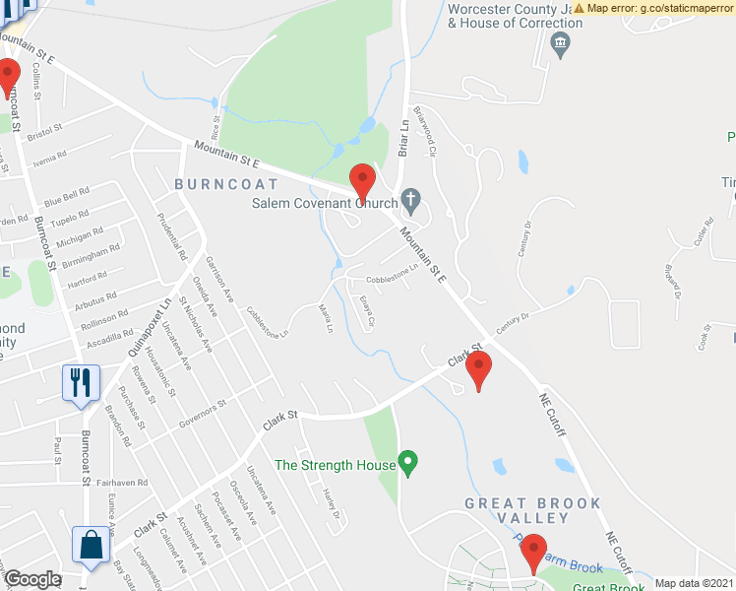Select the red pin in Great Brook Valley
[x=533, y=553]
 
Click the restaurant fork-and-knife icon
[x=81, y=383]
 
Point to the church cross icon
[x=411, y=205]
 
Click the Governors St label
[x=204, y=413]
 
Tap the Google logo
[x=33, y=579]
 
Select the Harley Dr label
[x=329, y=503]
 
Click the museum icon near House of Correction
[x=561, y=42]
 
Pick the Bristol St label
[x=44, y=128]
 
